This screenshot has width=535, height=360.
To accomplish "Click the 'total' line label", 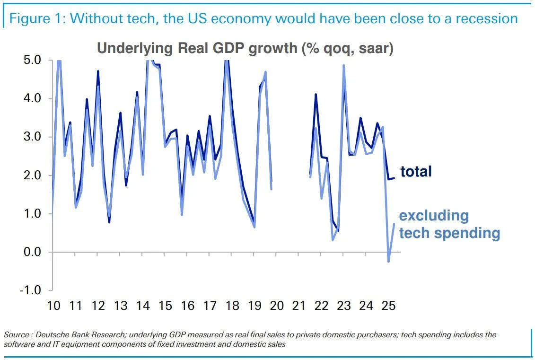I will (416, 171).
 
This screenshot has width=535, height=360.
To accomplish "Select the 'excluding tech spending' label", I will (449, 224).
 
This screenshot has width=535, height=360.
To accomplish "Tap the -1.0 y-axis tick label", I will (31, 290).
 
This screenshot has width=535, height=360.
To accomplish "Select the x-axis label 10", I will (53, 306).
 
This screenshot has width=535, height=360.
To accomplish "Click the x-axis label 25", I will (388, 306).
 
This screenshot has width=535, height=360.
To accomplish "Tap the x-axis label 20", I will (277, 306).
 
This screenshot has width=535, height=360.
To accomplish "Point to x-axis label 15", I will (165, 306).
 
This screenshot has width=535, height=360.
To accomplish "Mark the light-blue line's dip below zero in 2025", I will (388, 261).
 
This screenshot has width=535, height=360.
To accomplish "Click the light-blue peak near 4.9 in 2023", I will (343, 66).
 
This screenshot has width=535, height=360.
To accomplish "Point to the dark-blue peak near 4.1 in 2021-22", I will (316, 95).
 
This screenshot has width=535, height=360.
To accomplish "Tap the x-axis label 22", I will (321, 306).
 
